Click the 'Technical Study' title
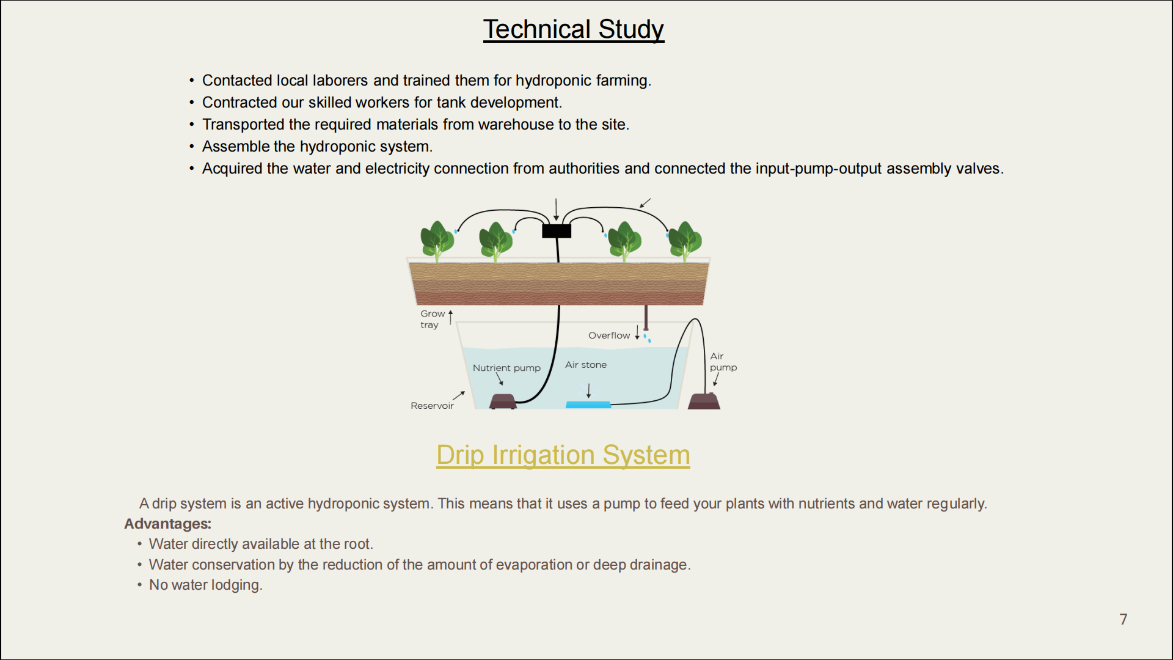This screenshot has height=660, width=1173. (574, 29)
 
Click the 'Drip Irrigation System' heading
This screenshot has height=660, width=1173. (563, 455)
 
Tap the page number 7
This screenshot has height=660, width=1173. (1123, 619)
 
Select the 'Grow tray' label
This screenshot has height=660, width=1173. (432, 319)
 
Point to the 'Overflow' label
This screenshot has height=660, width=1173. (609, 335)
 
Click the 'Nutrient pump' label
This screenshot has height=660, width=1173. (506, 368)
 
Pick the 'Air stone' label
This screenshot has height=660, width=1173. (586, 365)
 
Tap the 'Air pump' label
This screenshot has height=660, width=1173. (723, 362)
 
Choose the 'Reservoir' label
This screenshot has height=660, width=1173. (432, 406)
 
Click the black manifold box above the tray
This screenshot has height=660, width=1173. (557, 231)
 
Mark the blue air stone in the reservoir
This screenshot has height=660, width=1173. (588, 405)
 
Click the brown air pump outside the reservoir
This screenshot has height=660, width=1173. (704, 401)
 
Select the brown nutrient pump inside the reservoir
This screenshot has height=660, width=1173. (503, 402)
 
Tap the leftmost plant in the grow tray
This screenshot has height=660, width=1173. (437, 241)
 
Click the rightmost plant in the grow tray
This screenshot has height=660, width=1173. (685, 241)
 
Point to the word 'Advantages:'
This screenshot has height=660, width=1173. (168, 524)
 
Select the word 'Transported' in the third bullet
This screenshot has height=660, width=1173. (243, 125)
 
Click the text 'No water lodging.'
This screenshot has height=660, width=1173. (206, 585)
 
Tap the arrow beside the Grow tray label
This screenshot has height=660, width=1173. (451, 317)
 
